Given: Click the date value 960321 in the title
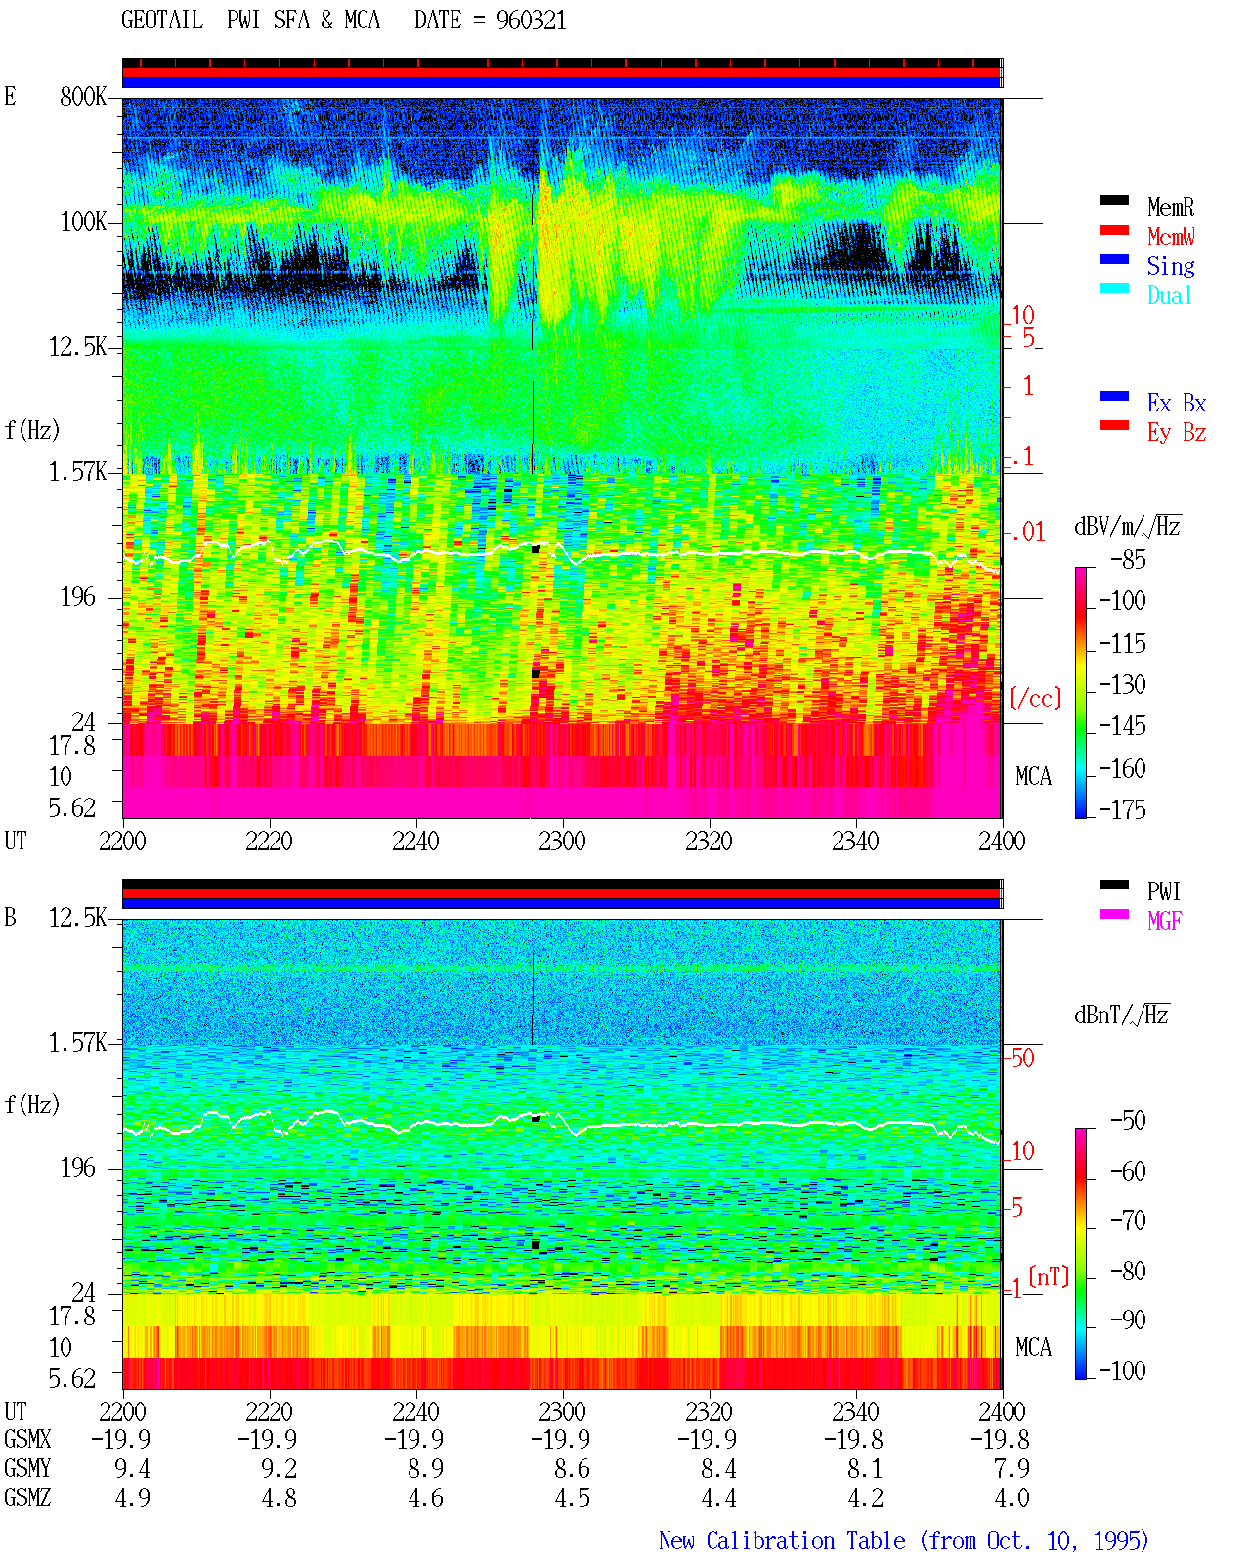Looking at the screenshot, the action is tap(531, 21).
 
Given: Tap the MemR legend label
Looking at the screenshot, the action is tap(1170, 207).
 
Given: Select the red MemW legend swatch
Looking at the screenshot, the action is tap(1113, 230).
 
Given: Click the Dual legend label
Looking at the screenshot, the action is tap(1169, 295).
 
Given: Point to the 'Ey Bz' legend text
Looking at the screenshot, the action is tap(1176, 433).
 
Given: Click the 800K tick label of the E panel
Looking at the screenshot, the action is tap(82, 96).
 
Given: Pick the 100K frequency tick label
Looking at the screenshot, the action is tap(82, 222).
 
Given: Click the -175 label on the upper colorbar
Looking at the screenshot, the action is tap(1122, 809).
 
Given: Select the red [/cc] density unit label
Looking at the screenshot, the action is tap(1035, 698).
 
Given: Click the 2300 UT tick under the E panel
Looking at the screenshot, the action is tap(561, 842).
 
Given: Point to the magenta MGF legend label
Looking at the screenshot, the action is tap(1164, 921).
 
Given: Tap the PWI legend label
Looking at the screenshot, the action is tap(1163, 891).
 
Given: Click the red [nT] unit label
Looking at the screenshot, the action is tap(1049, 1276).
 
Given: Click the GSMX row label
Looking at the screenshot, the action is tap(27, 1440).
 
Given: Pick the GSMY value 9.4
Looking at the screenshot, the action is tap(132, 1469).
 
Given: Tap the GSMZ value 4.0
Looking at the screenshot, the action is tap(1012, 1497).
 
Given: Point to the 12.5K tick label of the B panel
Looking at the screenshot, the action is tap(76, 918).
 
